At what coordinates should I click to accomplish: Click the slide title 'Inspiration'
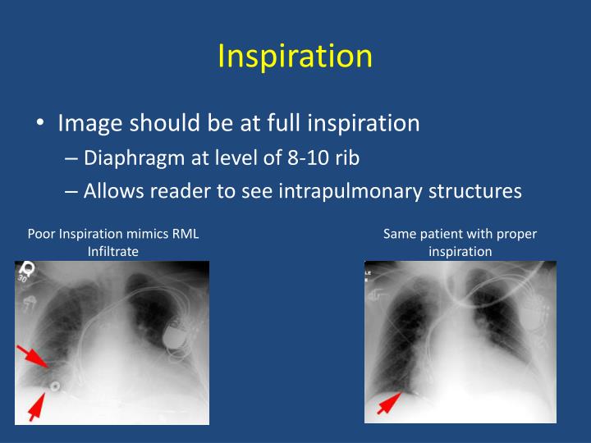(295, 56)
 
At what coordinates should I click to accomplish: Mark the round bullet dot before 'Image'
(40, 124)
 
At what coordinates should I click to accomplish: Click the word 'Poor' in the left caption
(41, 235)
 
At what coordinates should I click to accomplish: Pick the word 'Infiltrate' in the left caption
(113, 252)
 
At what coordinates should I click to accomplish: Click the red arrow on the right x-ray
(389, 403)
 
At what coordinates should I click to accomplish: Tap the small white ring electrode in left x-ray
(54, 385)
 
